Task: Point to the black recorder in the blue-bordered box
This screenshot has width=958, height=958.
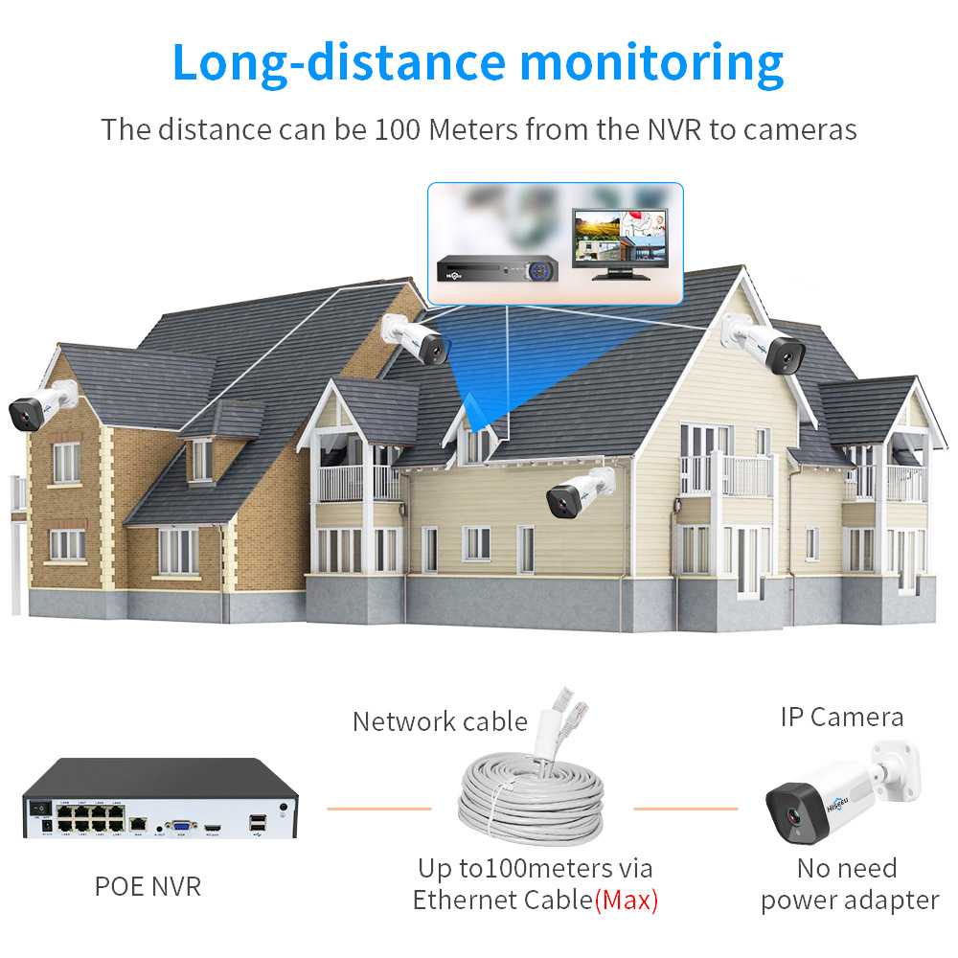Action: (x=498, y=269)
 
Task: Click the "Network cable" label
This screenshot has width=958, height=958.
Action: (x=440, y=721)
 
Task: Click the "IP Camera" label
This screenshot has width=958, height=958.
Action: (x=841, y=717)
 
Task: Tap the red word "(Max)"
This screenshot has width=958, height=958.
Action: (x=627, y=901)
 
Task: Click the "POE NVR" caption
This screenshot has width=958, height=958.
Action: (x=148, y=886)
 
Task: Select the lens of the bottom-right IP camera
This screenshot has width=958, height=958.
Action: (x=794, y=816)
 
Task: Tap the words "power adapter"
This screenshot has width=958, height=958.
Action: (x=850, y=901)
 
